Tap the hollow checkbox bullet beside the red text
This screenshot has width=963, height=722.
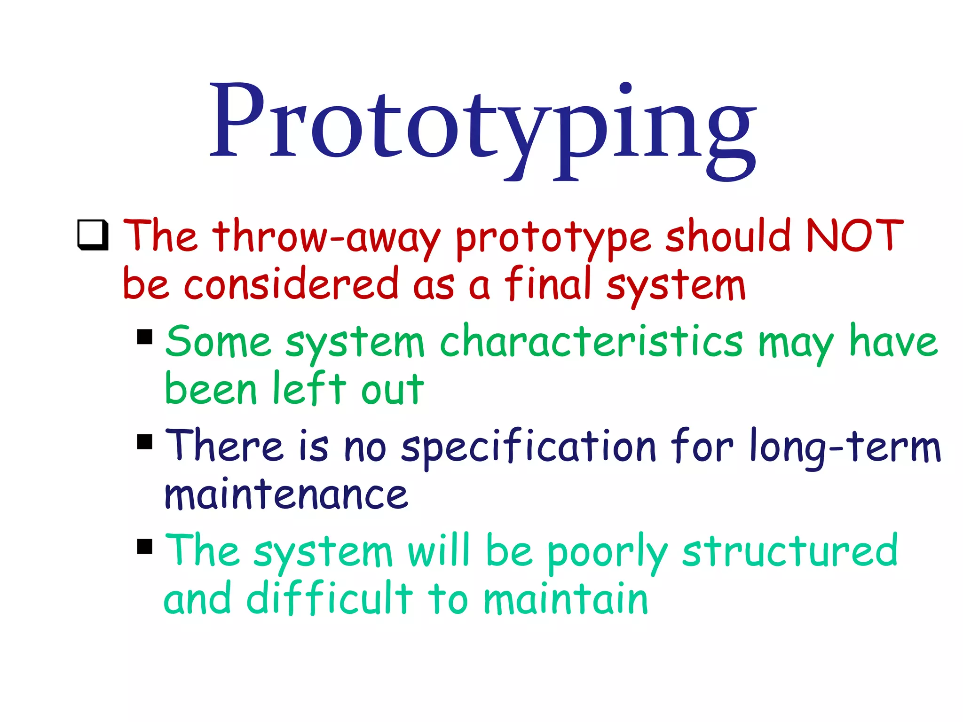93,235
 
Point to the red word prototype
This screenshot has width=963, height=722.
553,239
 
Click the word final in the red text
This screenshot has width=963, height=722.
547,284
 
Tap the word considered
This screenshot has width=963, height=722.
291,284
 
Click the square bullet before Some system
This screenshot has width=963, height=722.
145,337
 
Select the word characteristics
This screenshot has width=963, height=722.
591,342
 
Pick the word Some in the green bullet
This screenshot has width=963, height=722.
218,342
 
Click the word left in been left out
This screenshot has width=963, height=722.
309,389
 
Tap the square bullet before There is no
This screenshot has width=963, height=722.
145,441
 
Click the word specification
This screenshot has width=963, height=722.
529,447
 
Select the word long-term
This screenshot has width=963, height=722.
845,447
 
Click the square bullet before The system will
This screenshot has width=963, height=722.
145,546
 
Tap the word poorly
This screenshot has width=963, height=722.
607,552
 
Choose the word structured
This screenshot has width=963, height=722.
789,550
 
